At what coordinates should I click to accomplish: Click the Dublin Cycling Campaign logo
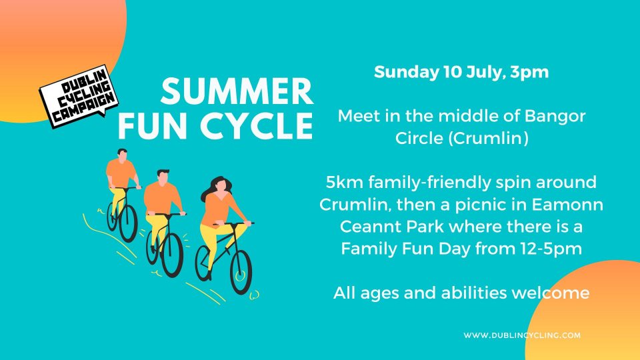click(79, 96)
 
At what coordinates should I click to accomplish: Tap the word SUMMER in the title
click(237, 91)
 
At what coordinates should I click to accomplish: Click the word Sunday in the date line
click(406, 73)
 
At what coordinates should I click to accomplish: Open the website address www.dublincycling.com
click(522, 335)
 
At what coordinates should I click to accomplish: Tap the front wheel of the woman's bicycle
click(241, 272)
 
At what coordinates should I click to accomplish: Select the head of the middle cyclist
click(163, 176)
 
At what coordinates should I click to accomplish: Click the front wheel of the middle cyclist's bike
click(172, 255)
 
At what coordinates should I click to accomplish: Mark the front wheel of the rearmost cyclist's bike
click(128, 224)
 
